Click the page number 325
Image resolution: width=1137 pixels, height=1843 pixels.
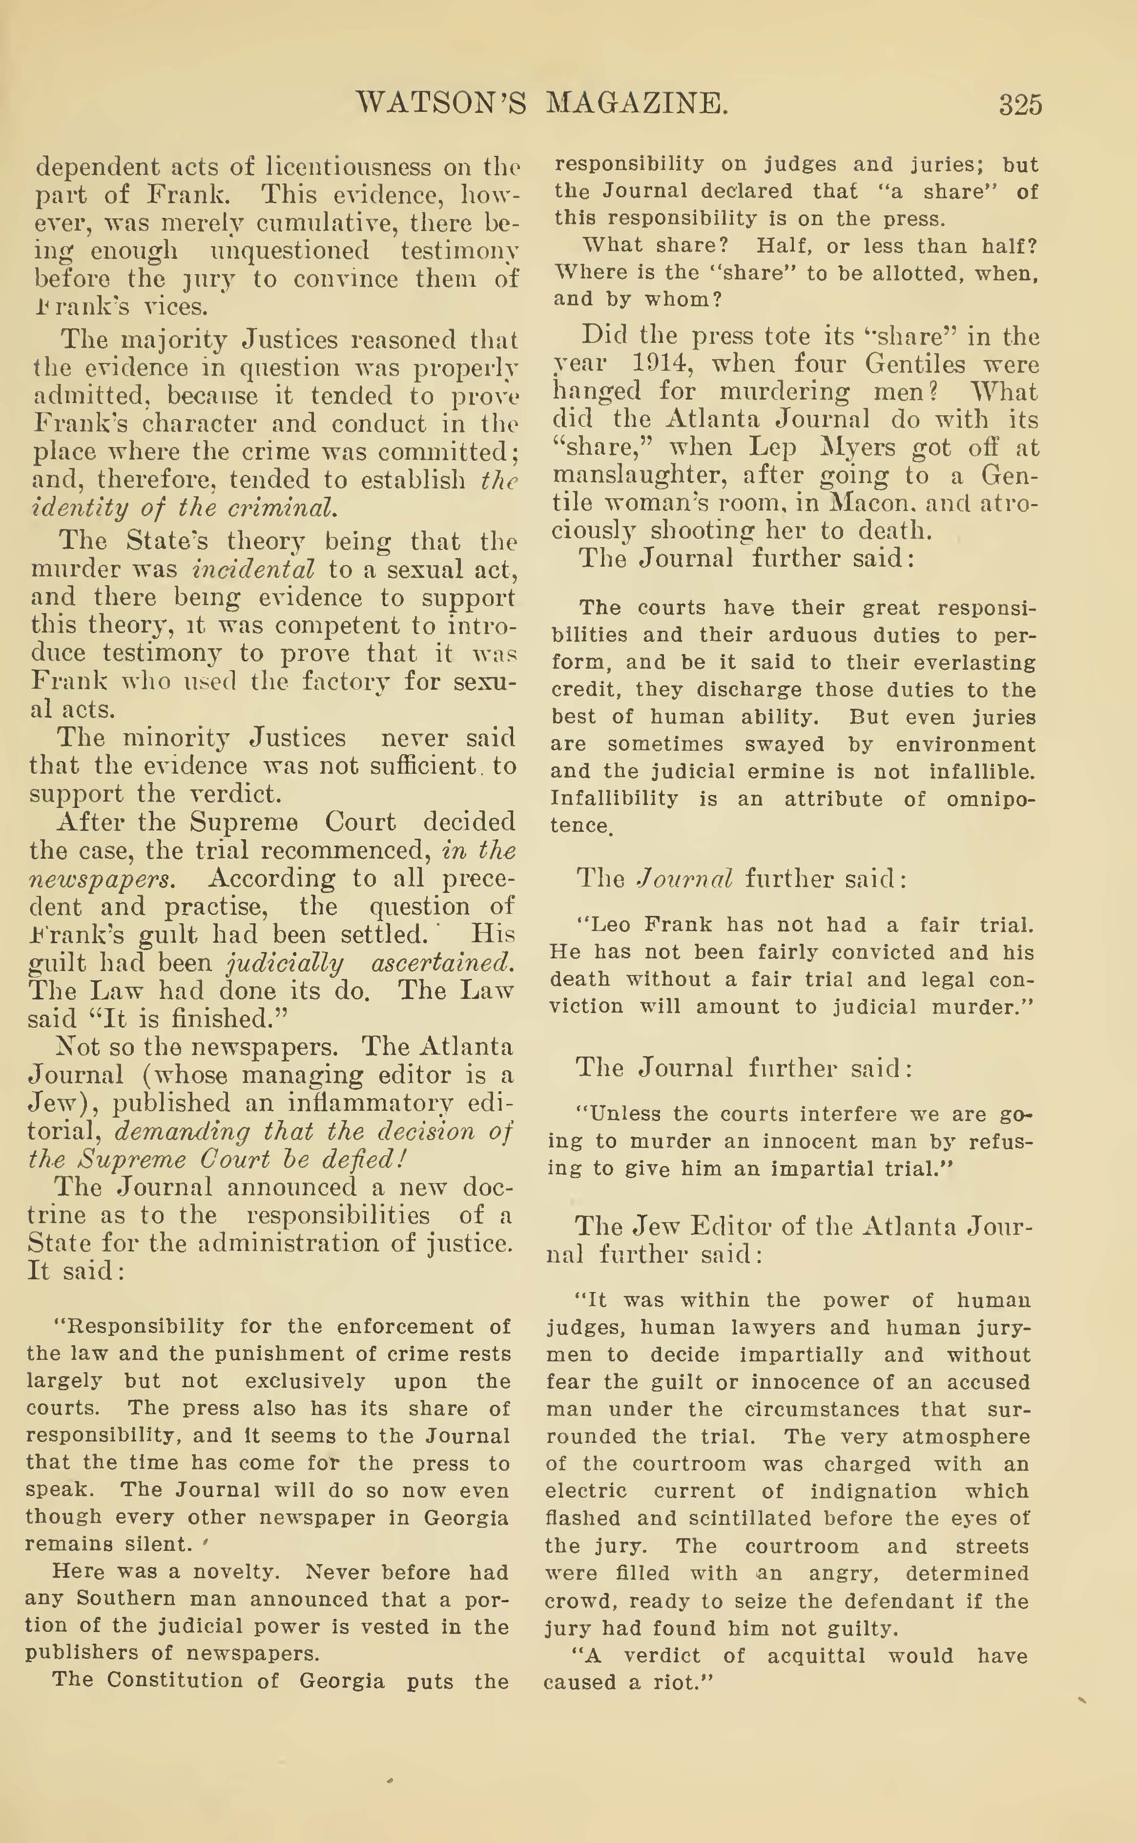point(1020,105)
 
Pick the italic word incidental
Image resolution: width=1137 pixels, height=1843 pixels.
point(253,570)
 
